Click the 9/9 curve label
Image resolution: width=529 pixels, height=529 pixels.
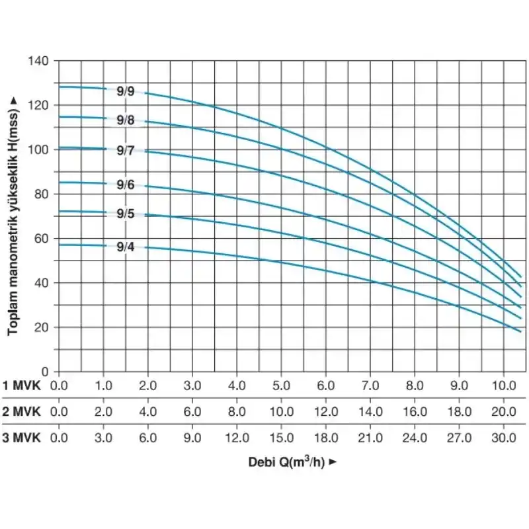(x=126, y=92)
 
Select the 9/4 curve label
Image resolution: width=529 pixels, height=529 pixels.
(x=126, y=248)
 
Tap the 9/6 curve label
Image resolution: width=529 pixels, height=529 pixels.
(x=126, y=185)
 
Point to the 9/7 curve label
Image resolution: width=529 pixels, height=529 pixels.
(x=126, y=151)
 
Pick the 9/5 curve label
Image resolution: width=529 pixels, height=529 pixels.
(x=126, y=214)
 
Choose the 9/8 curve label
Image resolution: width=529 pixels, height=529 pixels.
(x=126, y=120)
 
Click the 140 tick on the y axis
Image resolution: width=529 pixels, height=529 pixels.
(x=39, y=61)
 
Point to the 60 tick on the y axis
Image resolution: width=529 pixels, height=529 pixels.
(x=42, y=239)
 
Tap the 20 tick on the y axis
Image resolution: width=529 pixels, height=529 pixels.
(x=42, y=327)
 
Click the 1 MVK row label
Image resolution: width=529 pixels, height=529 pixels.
(x=21, y=386)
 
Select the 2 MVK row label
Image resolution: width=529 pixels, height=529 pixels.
(x=21, y=411)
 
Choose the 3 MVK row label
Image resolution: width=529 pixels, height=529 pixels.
(x=21, y=438)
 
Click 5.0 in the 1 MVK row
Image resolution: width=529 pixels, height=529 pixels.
(x=282, y=386)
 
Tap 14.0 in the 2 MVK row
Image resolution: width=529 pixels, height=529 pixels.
(x=370, y=411)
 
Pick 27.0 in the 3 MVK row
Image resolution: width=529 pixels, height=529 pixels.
(x=459, y=438)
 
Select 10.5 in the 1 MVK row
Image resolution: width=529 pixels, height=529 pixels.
(x=503, y=386)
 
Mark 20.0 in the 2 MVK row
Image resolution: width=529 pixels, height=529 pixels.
(x=503, y=411)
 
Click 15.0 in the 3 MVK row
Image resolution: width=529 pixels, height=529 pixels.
(x=282, y=438)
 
